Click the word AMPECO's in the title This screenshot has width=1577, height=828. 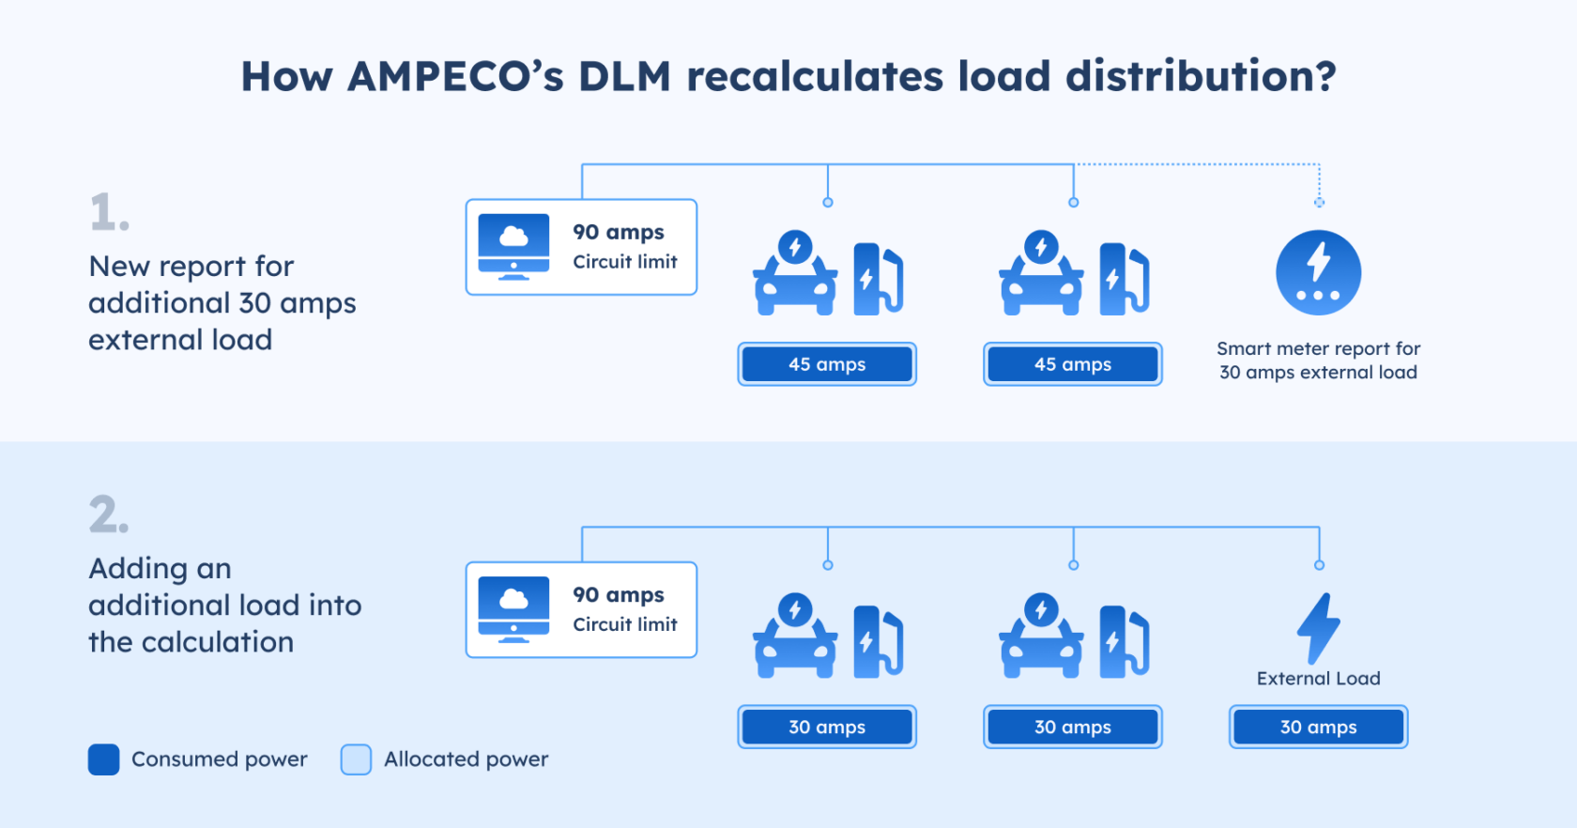tap(455, 77)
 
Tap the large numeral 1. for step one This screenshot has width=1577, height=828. tap(109, 213)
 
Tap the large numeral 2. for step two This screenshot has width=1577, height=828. tap(109, 515)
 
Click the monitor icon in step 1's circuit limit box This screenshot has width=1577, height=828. tap(513, 247)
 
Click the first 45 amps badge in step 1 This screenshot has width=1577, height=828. tap(827, 364)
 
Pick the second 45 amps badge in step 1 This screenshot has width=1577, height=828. tap(1073, 364)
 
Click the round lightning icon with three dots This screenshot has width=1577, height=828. tap(1318, 272)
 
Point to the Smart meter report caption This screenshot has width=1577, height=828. tap(1318, 360)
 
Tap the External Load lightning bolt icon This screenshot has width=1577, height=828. tap(1318, 627)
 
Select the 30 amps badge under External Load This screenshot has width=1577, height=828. tap(1318, 727)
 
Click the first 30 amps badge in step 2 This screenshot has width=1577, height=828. tap(827, 727)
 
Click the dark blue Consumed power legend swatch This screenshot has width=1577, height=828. tap(104, 759)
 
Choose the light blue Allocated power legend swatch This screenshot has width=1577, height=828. tap(356, 759)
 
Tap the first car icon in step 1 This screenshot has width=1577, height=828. tap(795, 274)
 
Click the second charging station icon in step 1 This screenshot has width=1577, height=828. tap(1124, 279)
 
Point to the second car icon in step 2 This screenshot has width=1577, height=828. tap(1041, 636)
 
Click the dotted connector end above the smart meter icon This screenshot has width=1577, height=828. tap(1319, 202)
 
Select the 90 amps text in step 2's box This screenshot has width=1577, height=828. tap(619, 595)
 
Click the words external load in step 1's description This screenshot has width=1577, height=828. tap(180, 340)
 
